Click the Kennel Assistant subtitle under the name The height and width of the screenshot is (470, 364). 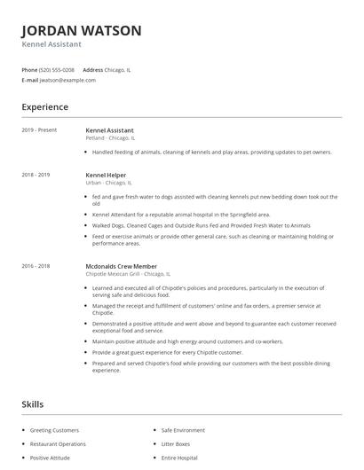pos(52,44)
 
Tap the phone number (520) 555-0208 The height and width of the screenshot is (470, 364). pos(57,69)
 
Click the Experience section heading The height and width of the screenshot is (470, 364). pos(44,107)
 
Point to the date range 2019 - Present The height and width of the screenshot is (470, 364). pos(39,130)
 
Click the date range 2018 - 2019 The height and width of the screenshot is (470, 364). pos(36,175)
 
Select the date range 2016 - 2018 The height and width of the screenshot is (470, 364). pos(36,265)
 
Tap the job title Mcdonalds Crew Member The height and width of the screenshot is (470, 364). pos(121,265)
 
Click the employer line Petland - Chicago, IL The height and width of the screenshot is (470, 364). pos(110,138)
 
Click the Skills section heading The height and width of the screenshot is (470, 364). pos(33,404)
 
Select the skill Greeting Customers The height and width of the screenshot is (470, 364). pos(54,430)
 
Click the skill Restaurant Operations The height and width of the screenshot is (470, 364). pos(59,443)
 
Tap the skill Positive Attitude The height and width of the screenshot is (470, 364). pos(51,458)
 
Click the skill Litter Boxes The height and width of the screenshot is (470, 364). pos(176,443)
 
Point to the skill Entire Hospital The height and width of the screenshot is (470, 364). pos(179,458)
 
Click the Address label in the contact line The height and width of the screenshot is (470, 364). pos(93,69)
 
